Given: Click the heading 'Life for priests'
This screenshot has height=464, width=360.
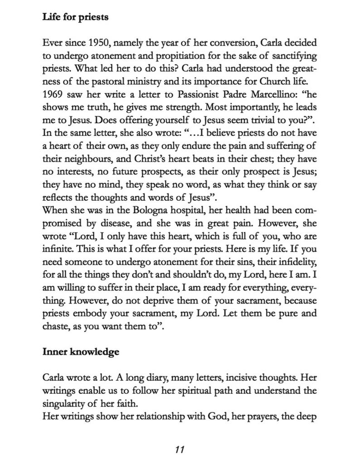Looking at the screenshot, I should coord(75,17).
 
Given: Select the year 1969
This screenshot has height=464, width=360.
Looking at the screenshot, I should coord(55,95).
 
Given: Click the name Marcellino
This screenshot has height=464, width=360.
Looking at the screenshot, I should coord(290,95).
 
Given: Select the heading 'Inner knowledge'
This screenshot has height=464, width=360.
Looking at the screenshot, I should coord(81,351).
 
